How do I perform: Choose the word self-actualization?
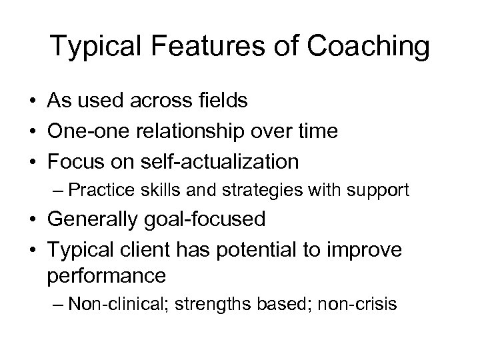(219, 161)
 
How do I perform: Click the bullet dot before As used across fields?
(31, 101)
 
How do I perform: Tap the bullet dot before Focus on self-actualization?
(31, 162)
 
